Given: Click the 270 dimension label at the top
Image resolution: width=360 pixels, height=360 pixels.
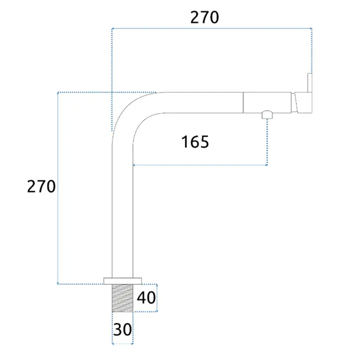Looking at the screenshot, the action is coord(205,17).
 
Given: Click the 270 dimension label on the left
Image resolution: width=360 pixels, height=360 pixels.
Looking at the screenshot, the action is coord(41,186).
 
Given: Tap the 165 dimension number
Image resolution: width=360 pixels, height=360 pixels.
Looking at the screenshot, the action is coord(195,142).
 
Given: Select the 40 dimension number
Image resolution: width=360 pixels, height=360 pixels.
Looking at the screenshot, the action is coord(146,298).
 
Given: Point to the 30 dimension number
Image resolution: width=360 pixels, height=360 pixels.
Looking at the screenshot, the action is coord(122,330).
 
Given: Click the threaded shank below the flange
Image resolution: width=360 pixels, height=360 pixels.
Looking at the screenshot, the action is coord(122,298).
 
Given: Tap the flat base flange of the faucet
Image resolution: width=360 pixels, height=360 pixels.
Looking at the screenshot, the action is coord(122,281).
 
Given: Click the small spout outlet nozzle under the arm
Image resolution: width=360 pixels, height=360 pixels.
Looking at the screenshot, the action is coord(267,115).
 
